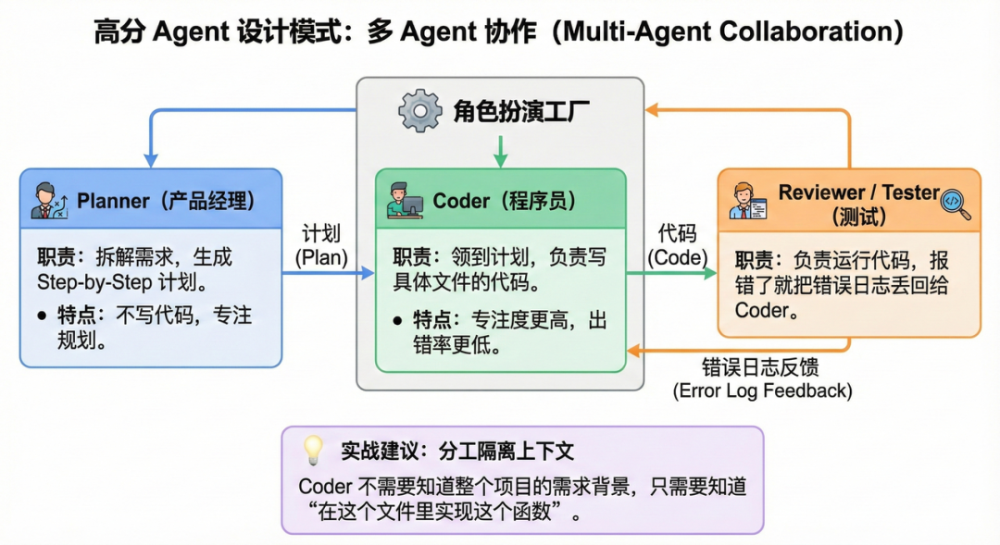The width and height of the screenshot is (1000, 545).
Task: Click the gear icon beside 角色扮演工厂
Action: (420, 111)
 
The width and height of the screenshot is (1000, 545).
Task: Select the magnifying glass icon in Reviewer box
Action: (955, 203)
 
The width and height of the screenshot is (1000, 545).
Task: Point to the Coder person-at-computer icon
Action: (401, 200)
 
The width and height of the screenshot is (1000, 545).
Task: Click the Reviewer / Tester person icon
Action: (746, 203)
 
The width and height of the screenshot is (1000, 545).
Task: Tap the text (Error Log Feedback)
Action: (762, 390)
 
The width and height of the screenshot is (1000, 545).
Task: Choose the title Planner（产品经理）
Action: (166, 201)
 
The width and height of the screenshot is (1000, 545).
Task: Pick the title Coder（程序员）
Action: (504, 201)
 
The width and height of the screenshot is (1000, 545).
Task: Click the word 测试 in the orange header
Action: (857, 217)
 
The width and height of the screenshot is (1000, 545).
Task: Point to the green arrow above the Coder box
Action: (500, 152)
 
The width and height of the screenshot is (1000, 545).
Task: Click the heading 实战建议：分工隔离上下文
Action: (457, 451)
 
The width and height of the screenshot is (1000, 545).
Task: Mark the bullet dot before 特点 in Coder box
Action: (397, 320)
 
